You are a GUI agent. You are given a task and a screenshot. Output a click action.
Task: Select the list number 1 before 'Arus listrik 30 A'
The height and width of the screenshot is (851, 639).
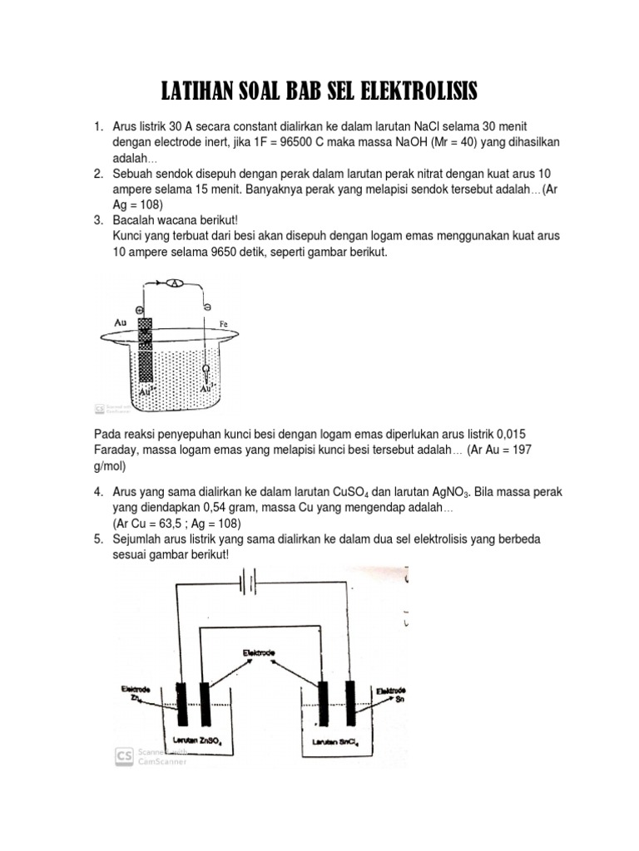point(97,125)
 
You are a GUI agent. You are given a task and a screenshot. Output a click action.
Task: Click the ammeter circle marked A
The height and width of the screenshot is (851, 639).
point(175,283)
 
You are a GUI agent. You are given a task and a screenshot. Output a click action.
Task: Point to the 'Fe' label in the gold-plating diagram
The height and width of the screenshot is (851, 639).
point(223,322)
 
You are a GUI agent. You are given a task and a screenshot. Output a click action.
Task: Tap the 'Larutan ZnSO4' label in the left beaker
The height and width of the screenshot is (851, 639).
point(199,740)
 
